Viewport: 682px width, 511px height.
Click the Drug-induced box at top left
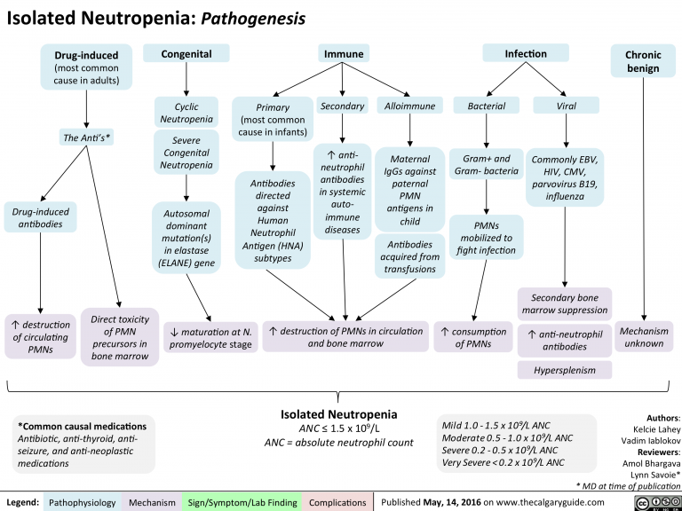[86, 67]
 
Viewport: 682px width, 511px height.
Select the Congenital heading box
[186, 55]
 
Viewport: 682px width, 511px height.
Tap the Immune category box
[343, 55]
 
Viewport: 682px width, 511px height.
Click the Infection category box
[525, 55]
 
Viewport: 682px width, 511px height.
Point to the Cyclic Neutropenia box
[186, 113]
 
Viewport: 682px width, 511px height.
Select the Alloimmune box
[408, 106]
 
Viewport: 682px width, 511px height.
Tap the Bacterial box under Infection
[480, 106]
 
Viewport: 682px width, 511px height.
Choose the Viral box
[566, 106]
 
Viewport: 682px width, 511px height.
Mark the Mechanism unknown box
[644, 336]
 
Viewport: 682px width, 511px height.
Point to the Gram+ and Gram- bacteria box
[486, 164]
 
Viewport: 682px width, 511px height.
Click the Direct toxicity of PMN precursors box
[119, 336]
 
